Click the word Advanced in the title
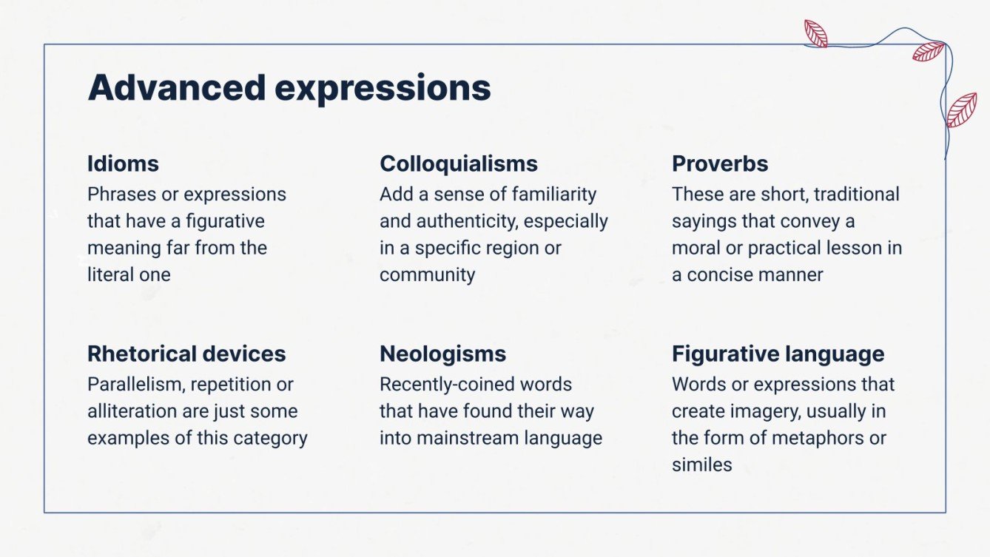[176, 88]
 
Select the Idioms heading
[123, 163]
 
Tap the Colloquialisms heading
[459, 163]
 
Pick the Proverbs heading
[720, 163]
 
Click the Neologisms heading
[442, 354]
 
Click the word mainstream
[467, 438]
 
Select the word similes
[701, 465]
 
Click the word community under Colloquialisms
[427, 274]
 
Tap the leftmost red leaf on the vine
[815, 33]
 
